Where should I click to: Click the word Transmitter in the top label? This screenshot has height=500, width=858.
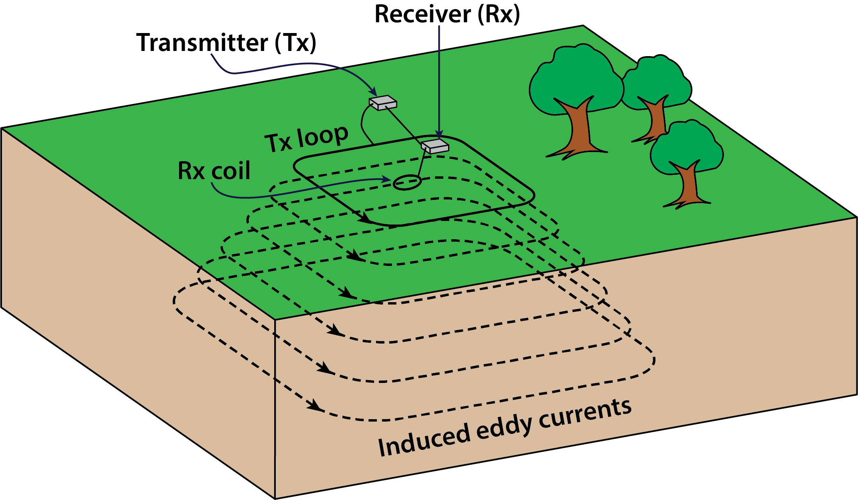pyautogui.click(x=202, y=43)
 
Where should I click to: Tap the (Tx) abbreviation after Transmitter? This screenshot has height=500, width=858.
pyautogui.click(x=295, y=43)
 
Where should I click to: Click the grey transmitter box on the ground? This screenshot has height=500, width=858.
pyautogui.click(x=383, y=103)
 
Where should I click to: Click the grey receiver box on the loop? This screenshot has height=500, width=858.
pyautogui.click(x=435, y=146)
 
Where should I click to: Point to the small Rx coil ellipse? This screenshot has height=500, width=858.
pyautogui.click(x=407, y=183)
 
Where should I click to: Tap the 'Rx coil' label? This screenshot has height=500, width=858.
pyautogui.click(x=214, y=171)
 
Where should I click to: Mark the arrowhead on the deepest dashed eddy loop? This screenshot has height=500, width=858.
pyautogui.click(x=316, y=405)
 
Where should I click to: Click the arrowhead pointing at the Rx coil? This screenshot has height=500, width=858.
pyautogui.click(x=386, y=180)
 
